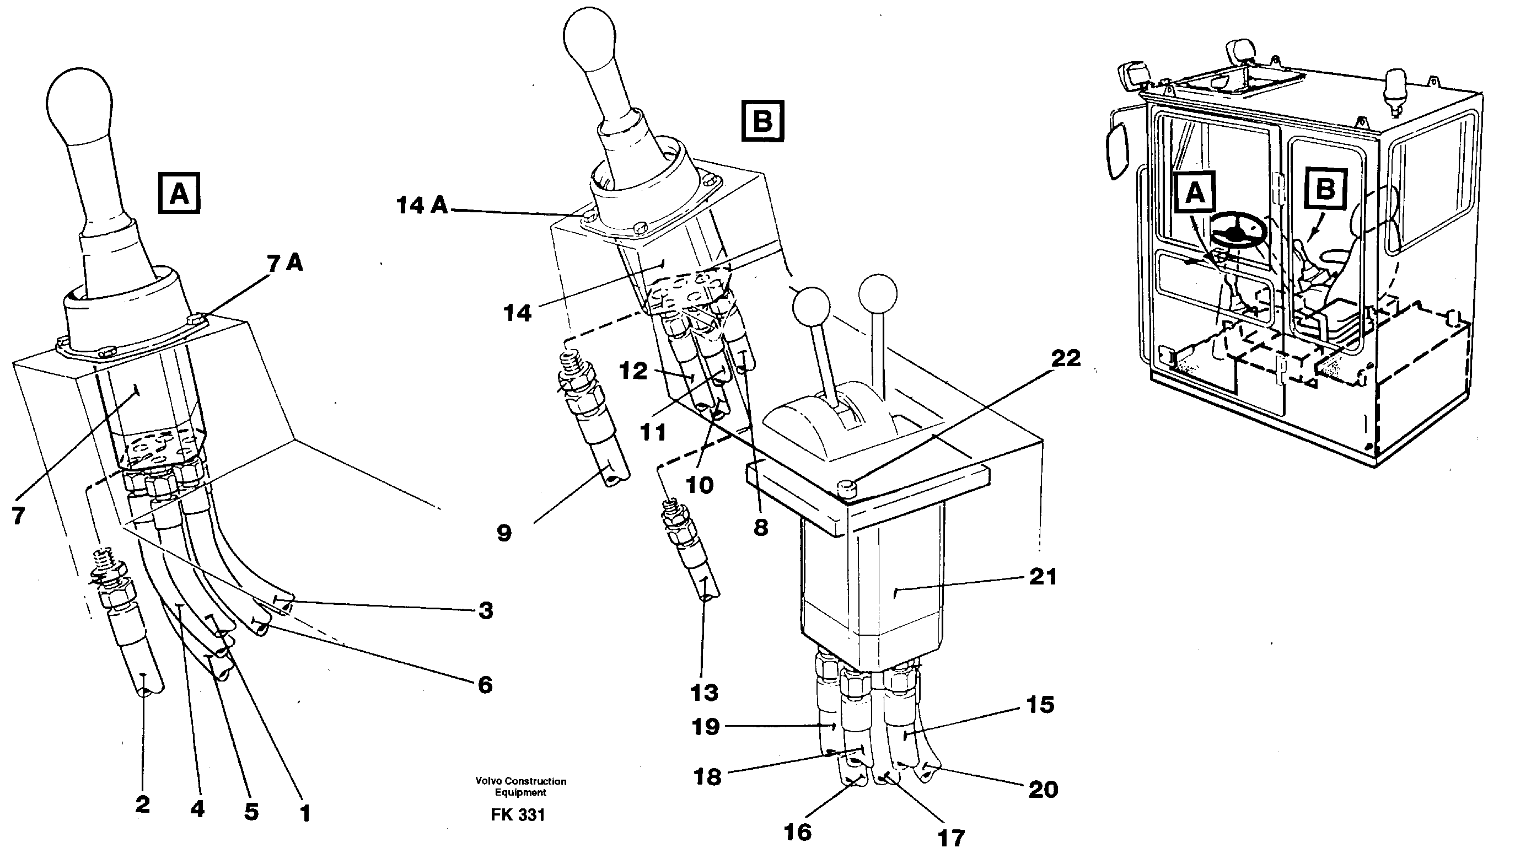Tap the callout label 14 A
(x=422, y=205)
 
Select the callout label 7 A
(x=285, y=264)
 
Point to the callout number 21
(x=1043, y=577)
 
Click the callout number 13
(x=705, y=693)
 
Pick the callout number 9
(x=504, y=534)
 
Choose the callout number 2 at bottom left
(x=142, y=804)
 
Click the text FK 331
(x=518, y=815)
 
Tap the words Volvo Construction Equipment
(x=520, y=786)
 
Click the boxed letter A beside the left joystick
(x=179, y=193)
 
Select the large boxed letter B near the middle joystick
(x=763, y=122)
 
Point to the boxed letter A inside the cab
(x=1195, y=192)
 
